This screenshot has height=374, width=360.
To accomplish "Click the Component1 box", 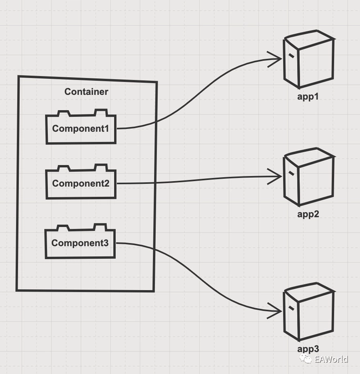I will click(80, 129).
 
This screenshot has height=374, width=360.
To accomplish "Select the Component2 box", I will click(80, 183).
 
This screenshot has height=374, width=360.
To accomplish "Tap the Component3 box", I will click(80, 243).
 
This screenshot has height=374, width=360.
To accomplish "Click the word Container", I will click(86, 92).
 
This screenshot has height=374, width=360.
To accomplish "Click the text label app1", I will click(308, 97).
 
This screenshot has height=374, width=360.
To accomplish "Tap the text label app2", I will click(308, 214).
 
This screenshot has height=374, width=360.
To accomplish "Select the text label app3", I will click(308, 349).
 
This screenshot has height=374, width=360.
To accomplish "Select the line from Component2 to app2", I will click(197, 181).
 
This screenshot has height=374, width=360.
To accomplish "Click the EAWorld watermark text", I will click(331, 359).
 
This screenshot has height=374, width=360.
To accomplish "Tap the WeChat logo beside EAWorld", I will click(306, 359).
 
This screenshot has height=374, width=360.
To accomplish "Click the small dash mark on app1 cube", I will click(290, 56).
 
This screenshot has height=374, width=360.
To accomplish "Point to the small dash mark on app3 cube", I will click(290, 308).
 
